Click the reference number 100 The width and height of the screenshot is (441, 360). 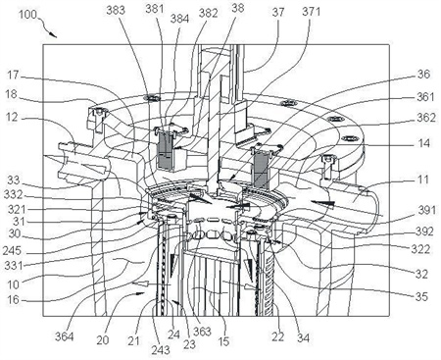27,15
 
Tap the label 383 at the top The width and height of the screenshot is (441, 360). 116,10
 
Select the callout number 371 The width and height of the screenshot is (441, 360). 312,12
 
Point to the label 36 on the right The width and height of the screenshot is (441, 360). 423,75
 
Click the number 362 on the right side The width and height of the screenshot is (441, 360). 426,118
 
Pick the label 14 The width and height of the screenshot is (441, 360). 423,143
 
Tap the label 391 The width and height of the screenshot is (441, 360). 426,210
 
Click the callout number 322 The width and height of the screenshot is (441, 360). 420,249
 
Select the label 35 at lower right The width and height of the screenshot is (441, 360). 421,296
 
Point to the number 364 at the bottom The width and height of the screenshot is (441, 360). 64,336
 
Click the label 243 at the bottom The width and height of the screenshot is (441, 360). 161,350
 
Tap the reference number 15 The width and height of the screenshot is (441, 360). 223,341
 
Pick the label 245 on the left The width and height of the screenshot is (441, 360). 12,251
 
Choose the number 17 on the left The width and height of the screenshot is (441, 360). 14,76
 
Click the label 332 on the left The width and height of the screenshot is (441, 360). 13,195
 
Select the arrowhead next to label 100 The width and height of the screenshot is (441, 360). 53,34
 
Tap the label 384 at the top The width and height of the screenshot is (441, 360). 179,19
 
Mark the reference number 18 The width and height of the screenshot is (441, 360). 11,95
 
